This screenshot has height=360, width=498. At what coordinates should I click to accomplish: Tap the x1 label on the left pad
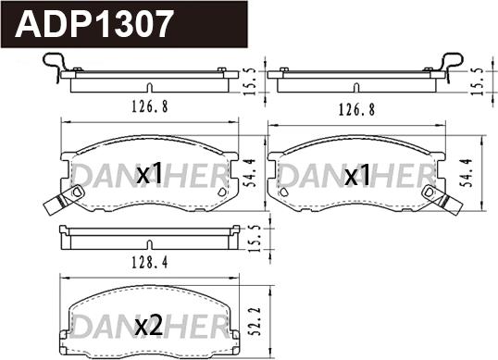coord(149,173)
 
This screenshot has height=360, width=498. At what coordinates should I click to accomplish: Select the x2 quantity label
coord(149,325)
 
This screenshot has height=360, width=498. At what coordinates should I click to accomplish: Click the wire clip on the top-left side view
coord(55,67)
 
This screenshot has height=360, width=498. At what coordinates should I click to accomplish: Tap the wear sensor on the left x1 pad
coord(61,198)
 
